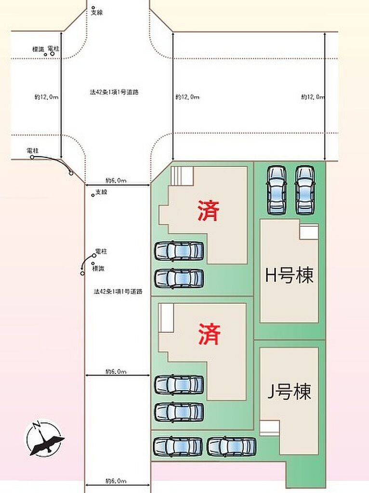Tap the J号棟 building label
pyautogui.click(x=289, y=392)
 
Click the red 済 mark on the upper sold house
pyautogui.click(x=208, y=211)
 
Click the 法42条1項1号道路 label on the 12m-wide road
pyautogui.click(x=115, y=91)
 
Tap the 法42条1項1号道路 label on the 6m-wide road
pyautogui.click(x=118, y=291)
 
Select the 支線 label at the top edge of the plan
pyautogui.click(x=97, y=13)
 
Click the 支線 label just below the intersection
pyautogui.click(x=101, y=192)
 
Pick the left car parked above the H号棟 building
pyautogui.click(x=277, y=189)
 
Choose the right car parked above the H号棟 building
pyautogui.click(x=304, y=189)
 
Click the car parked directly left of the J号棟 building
pyautogui.click(x=231, y=446)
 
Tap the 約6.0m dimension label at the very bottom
pyautogui.click(x=116, y=481)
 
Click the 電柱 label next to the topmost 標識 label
pyautogui.click(x=53, y=49)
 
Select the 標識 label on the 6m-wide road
pyautogui.click(x=98, y=268)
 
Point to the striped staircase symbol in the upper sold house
pyautogui.click(x=183, y=176)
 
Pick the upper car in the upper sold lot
pyautogui.click(x=179, y=251)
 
